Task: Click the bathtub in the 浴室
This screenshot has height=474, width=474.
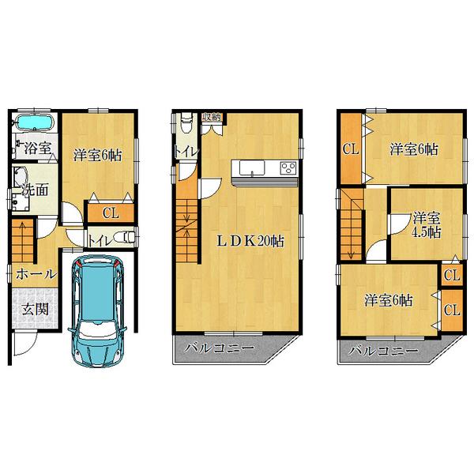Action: pos(33,123)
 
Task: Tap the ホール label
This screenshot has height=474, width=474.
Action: pos(36,274)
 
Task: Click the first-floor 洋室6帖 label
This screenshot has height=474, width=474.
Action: pos(98,155)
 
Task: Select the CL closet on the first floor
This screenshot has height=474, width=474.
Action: pos(110,212)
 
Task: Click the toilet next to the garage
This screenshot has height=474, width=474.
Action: pos(123,238)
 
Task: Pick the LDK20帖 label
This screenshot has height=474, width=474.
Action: pos(250,242)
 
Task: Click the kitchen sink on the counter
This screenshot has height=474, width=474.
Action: pos(251,168)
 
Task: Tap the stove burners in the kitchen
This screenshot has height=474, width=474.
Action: pos(287,167)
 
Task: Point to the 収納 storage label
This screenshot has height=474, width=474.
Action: pos(212,118)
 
